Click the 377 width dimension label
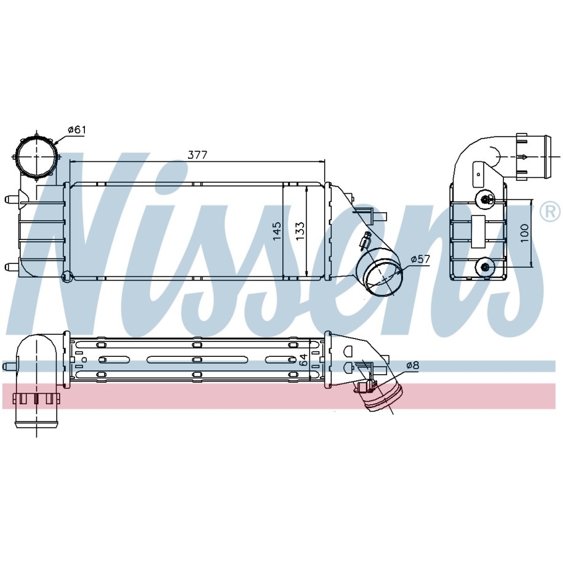[198, 155]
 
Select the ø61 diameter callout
[77, 130]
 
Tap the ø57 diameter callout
[420, 258]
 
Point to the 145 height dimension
[277, 231]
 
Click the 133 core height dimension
[300, 231]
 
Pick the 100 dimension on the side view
[525, 233]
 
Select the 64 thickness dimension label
[303, 360]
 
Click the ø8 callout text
[413, 365]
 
